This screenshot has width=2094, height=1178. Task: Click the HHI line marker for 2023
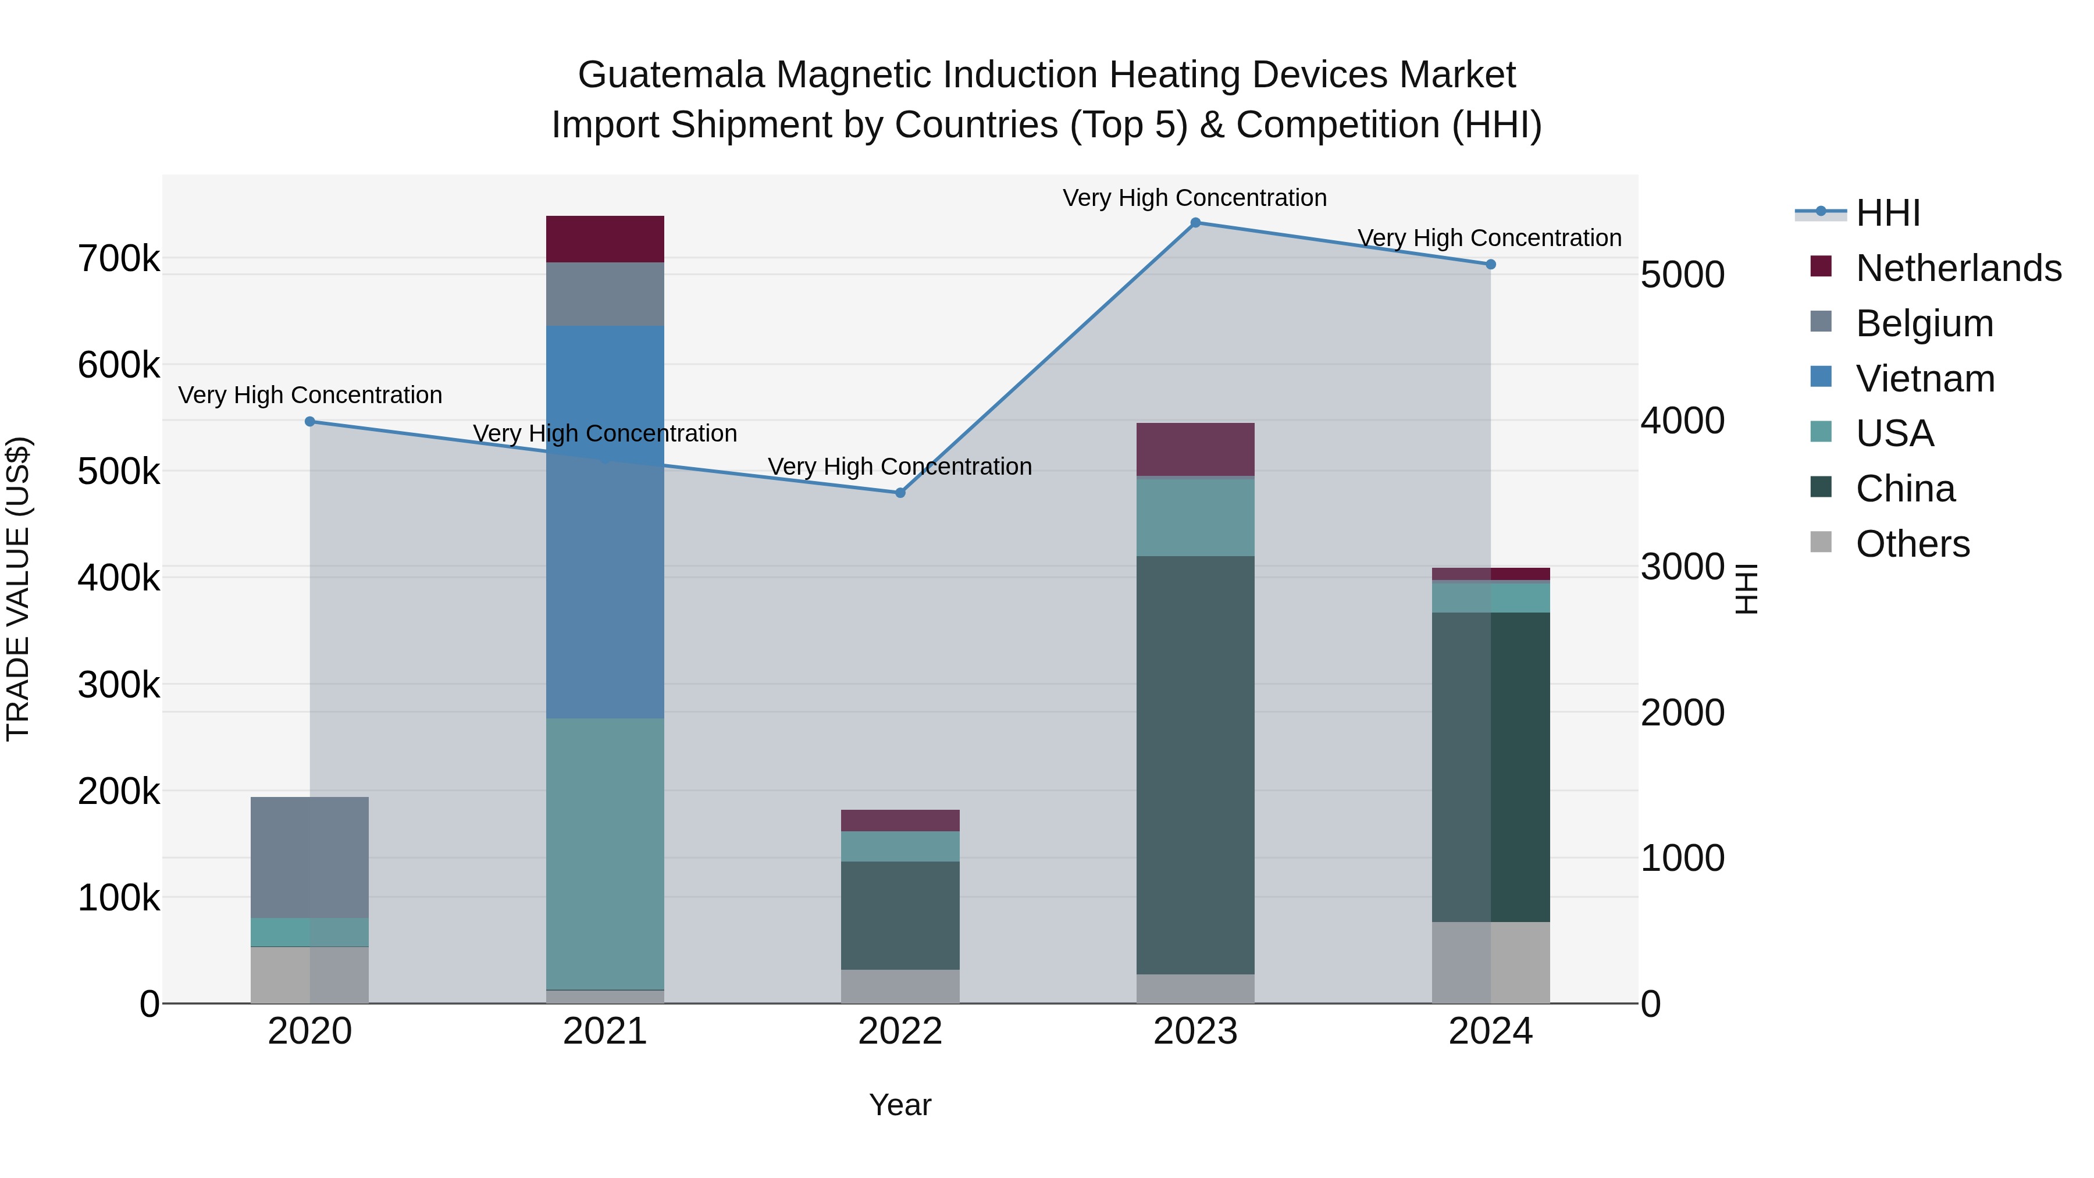point(1195,223)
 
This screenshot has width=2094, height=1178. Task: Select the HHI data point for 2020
point(309,421)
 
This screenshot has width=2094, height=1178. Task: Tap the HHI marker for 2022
point(900,493)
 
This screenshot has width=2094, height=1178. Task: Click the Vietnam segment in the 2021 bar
point(605,520)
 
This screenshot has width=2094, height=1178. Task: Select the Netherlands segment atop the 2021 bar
point(605,239)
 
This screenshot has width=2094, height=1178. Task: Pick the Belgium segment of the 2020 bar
point(309,857)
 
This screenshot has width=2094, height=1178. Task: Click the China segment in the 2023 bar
point(1195,764)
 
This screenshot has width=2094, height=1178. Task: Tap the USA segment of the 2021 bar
point(605,853)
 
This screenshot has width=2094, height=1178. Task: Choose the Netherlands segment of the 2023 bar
point(1195,449)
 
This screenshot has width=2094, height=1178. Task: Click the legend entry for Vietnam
point(1924,379)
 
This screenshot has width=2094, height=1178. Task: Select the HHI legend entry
point(1888,213)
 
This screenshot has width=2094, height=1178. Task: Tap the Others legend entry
point(1912,544)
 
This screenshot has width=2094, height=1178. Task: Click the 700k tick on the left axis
point(119,259)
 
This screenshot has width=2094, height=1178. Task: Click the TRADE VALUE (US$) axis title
point(18,589)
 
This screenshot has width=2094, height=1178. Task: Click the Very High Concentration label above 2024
point(1489,238)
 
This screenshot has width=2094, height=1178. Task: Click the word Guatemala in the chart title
point(671,75)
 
